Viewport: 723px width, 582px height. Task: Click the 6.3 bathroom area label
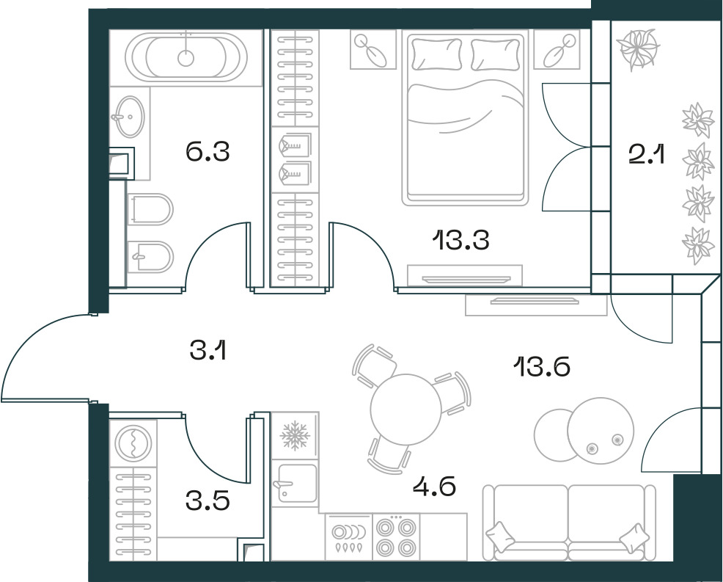point(208,151)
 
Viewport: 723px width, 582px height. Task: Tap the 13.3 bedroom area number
point(460,240)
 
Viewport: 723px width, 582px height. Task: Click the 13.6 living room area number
point(542,368)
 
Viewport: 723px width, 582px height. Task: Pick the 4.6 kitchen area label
point(434,487)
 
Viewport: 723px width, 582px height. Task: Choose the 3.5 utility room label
point(208,501)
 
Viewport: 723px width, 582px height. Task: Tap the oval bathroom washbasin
point(128,116)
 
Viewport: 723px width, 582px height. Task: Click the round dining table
point(405,409)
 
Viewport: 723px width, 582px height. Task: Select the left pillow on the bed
point(436,54)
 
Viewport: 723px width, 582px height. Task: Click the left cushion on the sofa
point(500,536)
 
